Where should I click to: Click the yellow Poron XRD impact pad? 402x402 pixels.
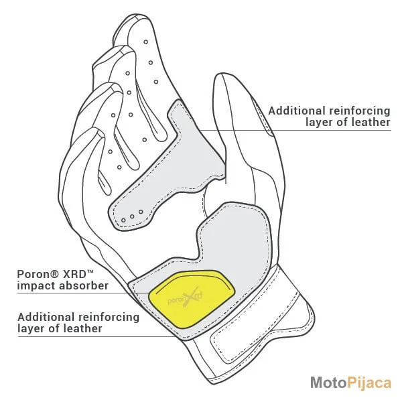click(x=192, y=299)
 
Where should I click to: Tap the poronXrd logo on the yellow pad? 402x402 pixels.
click(x=185, y=298)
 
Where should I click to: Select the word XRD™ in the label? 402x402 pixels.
click(x=78, y=274)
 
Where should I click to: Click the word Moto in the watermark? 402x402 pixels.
click(x=328, y=383)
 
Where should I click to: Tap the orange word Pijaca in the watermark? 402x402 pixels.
click(x=369, y=383)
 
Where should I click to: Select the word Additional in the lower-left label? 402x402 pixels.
click(x=46, y=317)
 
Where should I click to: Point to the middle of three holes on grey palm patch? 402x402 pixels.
click(x=132, y=216)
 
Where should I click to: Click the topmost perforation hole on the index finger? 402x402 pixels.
click(x=145, y=42)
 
